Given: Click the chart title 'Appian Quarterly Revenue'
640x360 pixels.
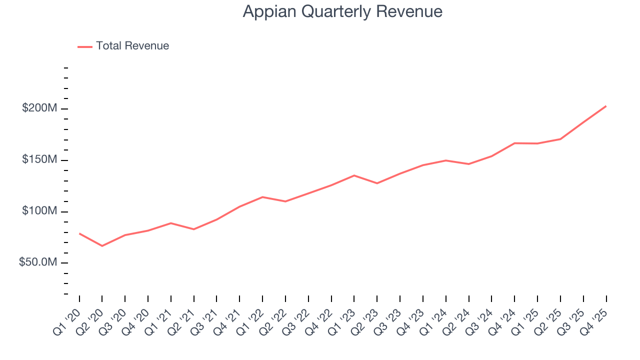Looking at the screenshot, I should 342,11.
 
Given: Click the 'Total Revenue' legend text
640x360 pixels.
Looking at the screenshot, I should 132,46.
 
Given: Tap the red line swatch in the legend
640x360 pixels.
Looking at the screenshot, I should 85,46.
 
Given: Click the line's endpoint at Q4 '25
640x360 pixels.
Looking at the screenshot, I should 606,106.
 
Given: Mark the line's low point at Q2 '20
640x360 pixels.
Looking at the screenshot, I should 102,246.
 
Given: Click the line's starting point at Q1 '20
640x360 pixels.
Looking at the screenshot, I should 79,233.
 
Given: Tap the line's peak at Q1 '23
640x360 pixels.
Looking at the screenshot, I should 354,175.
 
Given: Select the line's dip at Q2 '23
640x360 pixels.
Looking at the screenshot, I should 377,183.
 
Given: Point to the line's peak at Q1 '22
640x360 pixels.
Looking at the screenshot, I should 262,197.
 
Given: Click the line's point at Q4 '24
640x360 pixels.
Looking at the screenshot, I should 514,143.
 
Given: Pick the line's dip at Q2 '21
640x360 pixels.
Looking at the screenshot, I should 194,229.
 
